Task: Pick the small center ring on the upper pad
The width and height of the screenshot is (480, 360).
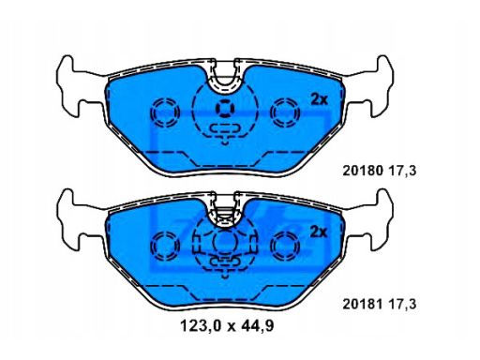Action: [x=224, y=107]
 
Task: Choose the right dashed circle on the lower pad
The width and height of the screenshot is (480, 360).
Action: [x=283, y=247]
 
